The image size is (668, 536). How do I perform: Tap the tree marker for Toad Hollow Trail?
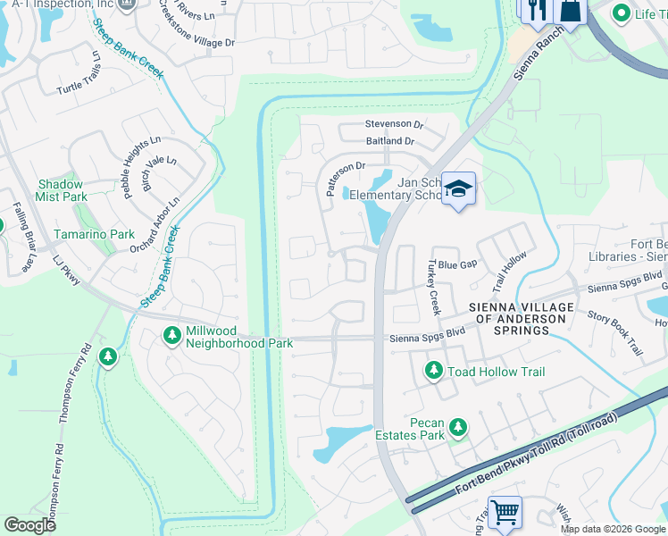(x=434, y=369)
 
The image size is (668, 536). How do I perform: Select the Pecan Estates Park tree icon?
(x=458, y=429)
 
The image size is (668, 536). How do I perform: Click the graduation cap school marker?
(x=458, y=189)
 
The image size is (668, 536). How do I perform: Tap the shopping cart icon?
(x=505, y=513)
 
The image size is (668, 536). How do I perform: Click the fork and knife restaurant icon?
(x=536, y=9)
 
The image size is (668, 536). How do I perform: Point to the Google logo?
(x=29, y=525)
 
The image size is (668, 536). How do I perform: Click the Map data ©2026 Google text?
(x=613, y=529)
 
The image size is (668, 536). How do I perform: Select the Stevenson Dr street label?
(x=394, y=124)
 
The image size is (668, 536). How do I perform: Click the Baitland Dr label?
(x=390, y=141)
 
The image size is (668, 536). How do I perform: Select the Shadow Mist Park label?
(x=62, y=190)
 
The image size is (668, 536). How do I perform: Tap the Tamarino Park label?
(x=96, y=234)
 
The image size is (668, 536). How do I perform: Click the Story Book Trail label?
(x=615, y=330)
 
